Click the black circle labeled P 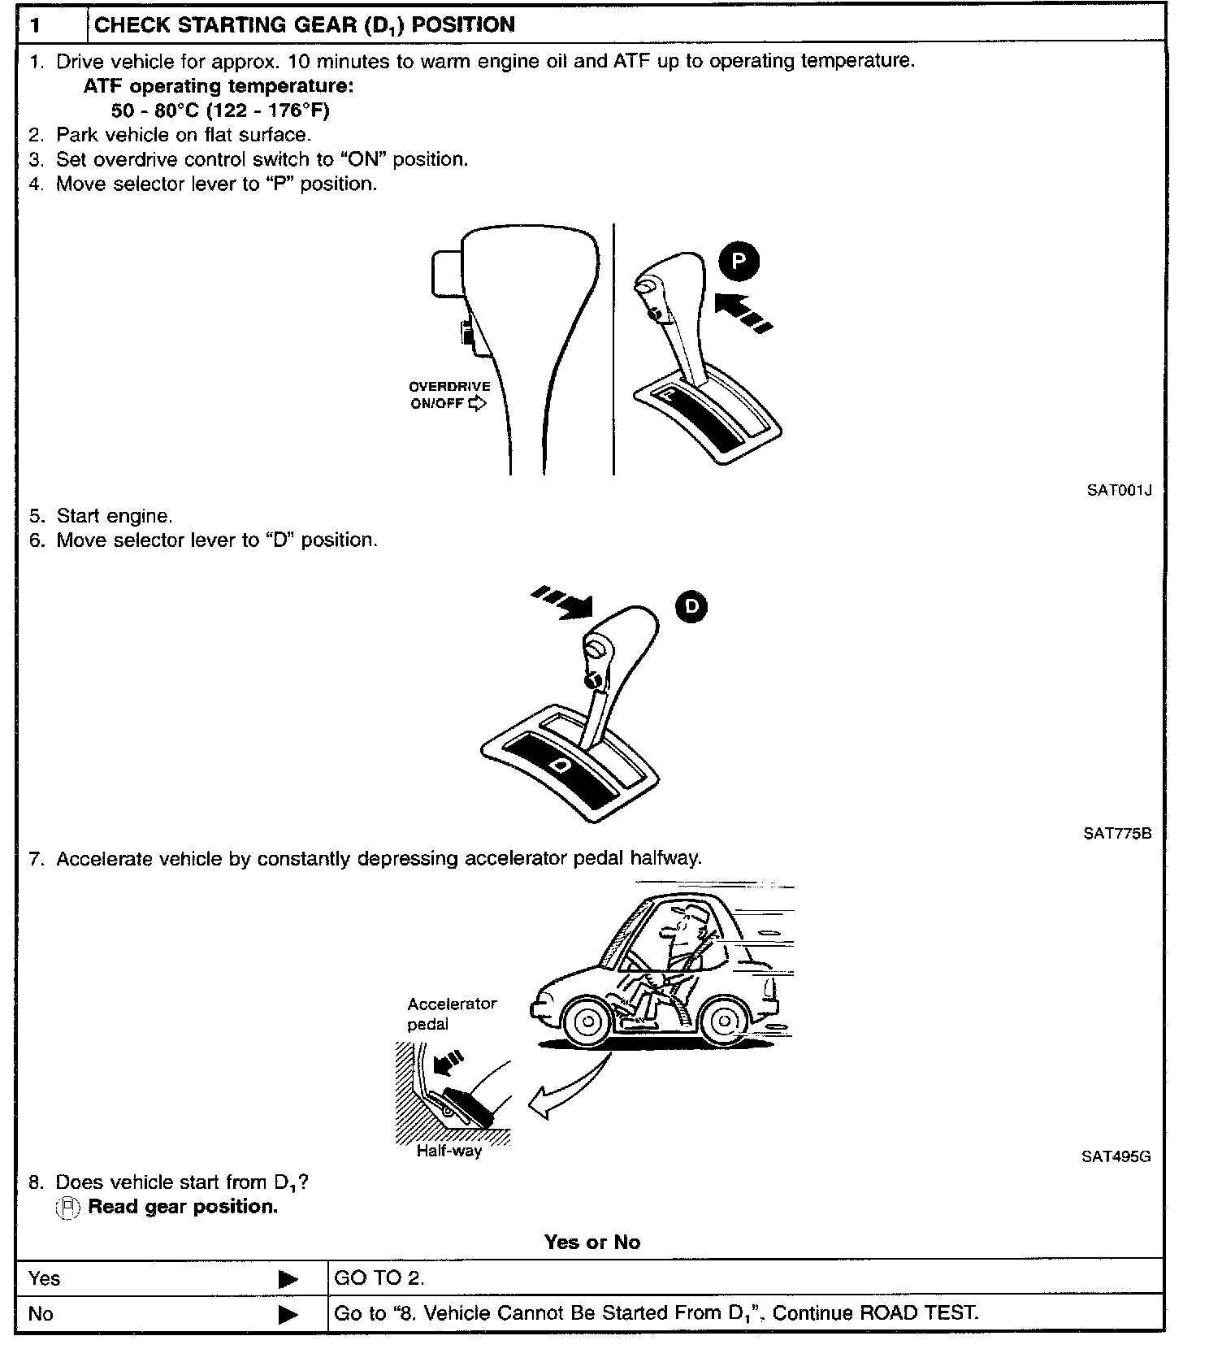[739, 262]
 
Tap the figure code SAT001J [1119, 490]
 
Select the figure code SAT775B [1117, 833]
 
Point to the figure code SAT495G [1116, 1156]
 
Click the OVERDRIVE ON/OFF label [449, 395]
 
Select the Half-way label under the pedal [448, 1151]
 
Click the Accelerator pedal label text [452, 1013]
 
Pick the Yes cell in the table [45, 1278]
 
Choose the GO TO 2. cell [379, 1278]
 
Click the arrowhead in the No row [288, 1313]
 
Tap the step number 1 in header [35, 25]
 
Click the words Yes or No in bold [592, 1242]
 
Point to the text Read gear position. [183, 1207]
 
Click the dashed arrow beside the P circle [743, 312]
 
